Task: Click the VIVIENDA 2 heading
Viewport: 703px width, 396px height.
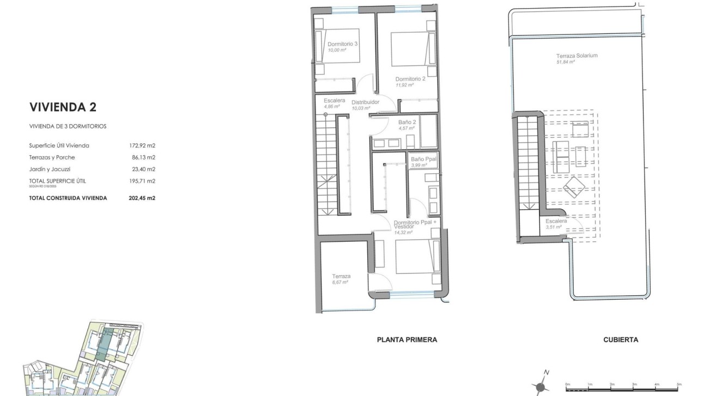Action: [x=63, y=106]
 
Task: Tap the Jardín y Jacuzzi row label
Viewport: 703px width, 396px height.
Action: [x=50, y=169]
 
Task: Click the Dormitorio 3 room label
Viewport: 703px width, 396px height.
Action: [x=342, y=44]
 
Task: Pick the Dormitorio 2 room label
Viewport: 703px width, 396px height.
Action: [x=410, y=78]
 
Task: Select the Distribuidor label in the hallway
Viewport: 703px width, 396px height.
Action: [x=365, y=102]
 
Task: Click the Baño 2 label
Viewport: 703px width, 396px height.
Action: [x=407, y=123]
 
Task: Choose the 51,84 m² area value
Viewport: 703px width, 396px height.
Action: [x=566, y=62]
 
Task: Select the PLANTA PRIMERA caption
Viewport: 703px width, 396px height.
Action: [x=407, y=340]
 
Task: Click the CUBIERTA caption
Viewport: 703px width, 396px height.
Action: [x=621, y=340]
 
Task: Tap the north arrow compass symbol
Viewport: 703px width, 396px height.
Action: [x=541, y=384]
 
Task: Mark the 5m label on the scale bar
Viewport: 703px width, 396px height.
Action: [x=679, y=384]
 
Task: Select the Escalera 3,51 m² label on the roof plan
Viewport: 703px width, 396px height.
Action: [x=556, y=223]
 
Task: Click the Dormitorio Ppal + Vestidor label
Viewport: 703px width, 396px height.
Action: [x=415, y=224]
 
